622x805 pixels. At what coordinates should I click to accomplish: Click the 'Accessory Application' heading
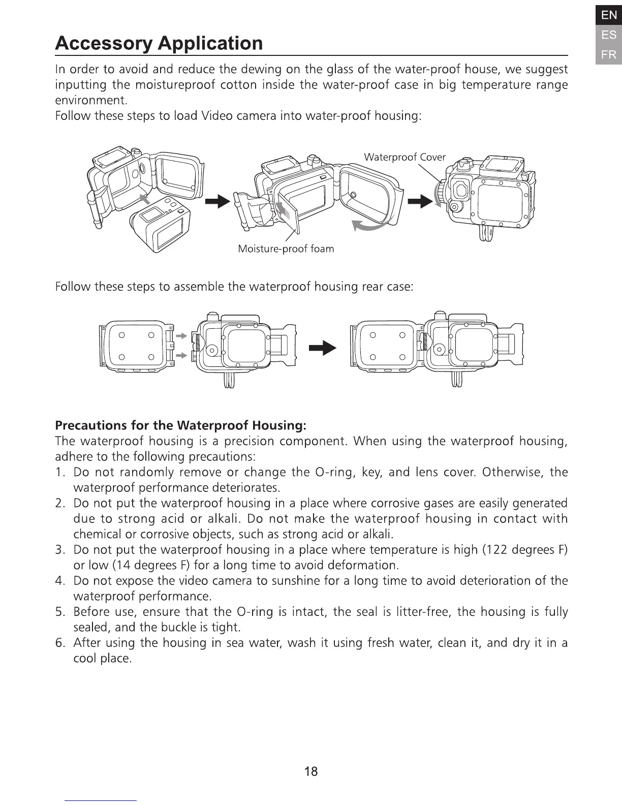coord(159,43)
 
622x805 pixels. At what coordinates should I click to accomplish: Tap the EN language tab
coord(609,15)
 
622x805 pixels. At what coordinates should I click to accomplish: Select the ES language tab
coord(609,35)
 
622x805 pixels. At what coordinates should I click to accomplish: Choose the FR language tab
coord(609,54)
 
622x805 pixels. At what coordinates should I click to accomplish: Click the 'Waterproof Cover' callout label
coord(405,157)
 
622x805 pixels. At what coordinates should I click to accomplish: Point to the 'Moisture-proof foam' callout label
coord(286,249)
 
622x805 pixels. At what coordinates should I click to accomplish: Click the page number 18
coord(310,771)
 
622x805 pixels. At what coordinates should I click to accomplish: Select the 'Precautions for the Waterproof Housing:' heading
coord(180,425)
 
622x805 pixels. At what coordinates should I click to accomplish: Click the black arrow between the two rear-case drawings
coord(322,349)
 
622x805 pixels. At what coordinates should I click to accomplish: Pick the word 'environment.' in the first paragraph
coord(91,100)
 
